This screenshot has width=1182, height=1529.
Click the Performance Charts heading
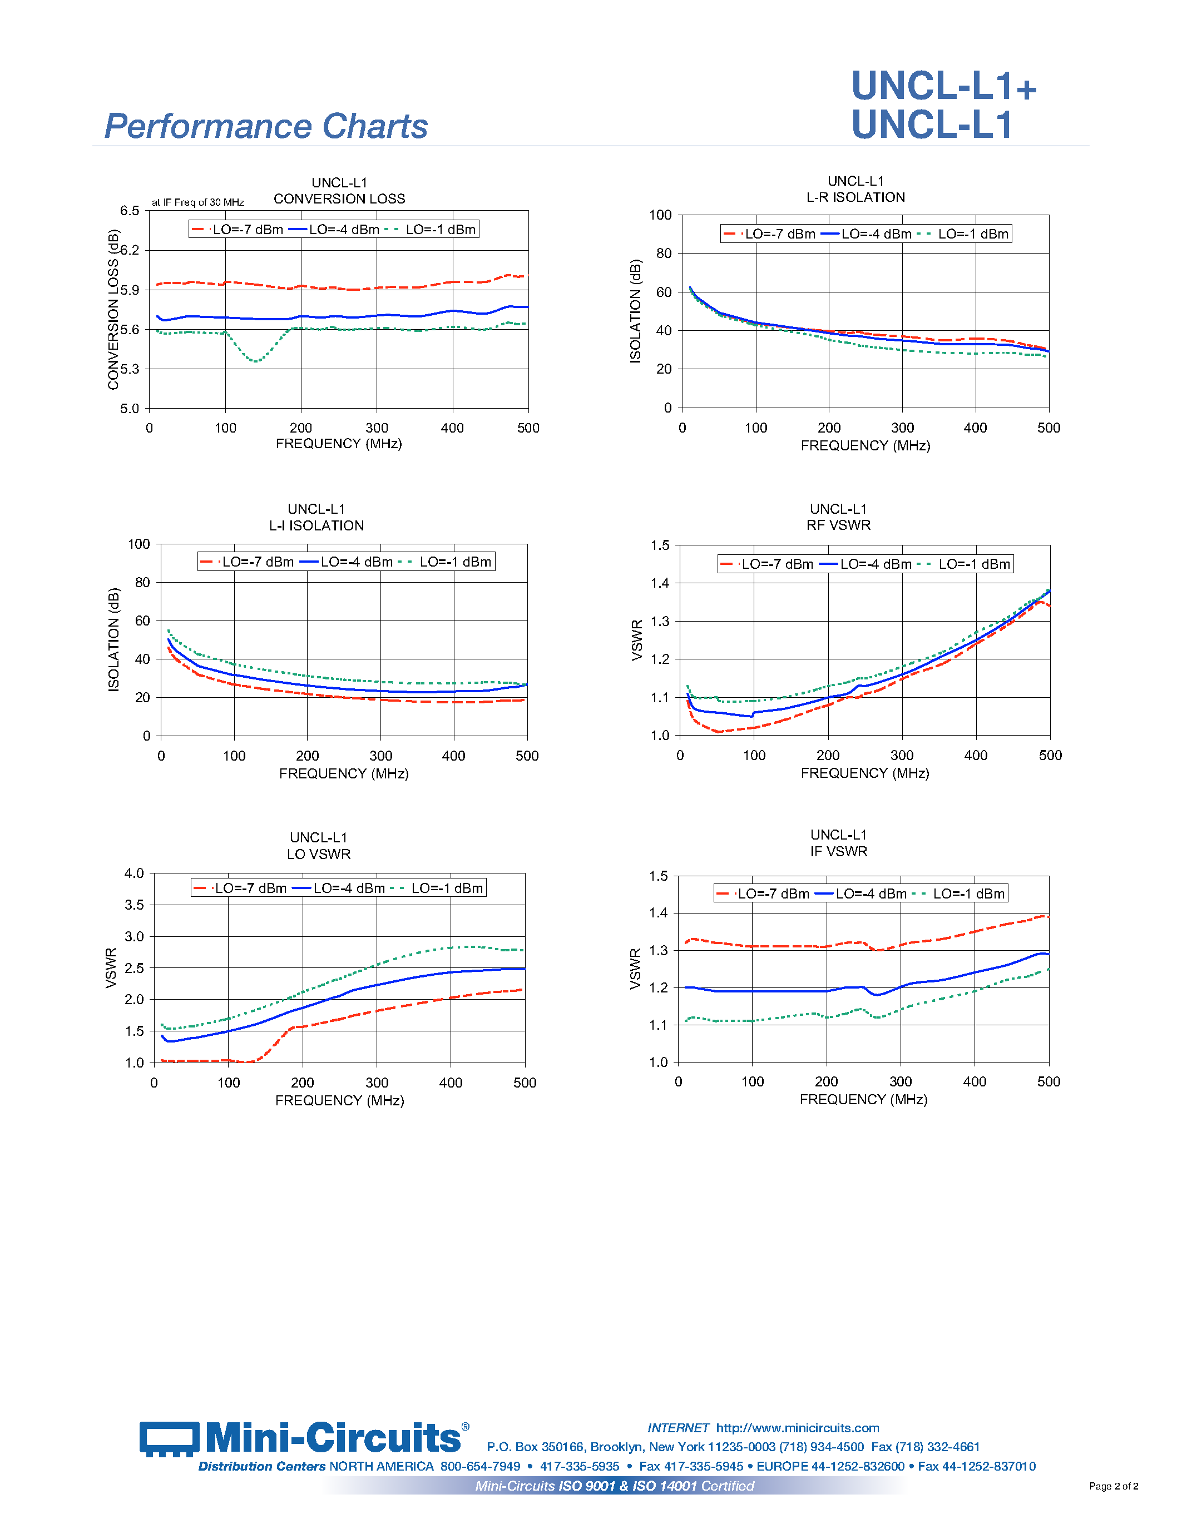(265, 127)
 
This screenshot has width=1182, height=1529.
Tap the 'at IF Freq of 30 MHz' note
(197, 202)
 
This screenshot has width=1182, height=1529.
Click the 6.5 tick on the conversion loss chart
(130, 211)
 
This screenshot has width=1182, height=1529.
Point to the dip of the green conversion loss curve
(256, 360)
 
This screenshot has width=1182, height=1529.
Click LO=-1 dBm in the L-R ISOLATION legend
(973, 234)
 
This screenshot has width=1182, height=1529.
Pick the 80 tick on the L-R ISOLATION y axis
(663, 254)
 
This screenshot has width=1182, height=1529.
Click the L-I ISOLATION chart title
(316, 526)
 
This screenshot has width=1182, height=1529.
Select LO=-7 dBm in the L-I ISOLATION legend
(257, 562)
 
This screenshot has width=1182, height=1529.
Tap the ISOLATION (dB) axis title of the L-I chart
(113, 639)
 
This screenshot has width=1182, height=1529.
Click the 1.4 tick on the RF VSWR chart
(660, 583)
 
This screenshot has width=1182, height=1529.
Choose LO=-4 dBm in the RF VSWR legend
(876, 564)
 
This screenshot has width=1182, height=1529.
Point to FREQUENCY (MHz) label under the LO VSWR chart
(340, 1100)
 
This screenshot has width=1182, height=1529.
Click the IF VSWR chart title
(838, 851)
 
